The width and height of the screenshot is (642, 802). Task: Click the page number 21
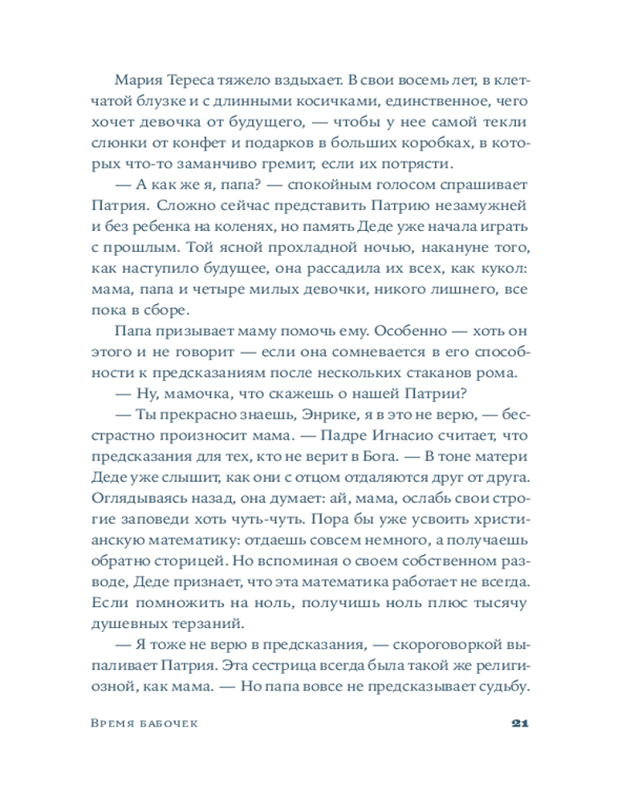pyautogui.click(x=518, y=723)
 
